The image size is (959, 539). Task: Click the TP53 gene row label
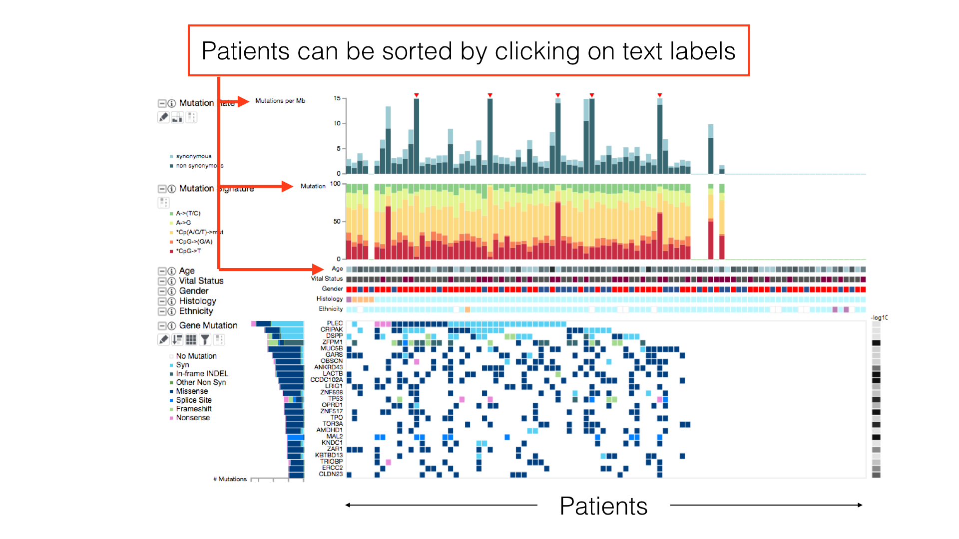(335, 399)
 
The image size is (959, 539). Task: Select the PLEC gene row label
(335, 323)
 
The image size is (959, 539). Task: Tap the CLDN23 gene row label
(331, 474)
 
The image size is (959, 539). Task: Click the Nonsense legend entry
(193, 418)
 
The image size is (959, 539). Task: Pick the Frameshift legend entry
(194, 409)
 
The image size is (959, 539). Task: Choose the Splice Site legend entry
(194, 400)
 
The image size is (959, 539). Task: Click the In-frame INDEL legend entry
(202, 374)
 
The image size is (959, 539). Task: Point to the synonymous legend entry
(193, 156)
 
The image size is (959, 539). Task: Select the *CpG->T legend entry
(189, 251)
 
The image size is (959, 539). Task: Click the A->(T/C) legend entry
(188, 213)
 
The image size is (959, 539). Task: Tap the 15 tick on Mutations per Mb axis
(337, 98)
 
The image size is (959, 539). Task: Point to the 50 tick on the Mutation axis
(337, 222)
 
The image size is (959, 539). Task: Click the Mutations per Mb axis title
(280, 101)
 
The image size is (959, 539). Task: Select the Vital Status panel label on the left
(201, 281)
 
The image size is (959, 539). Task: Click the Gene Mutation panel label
(208, 325)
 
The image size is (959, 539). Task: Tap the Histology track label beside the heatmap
(329, 299)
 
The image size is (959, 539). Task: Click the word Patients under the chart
(603, 506)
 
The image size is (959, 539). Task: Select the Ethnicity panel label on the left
(196, 311)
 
